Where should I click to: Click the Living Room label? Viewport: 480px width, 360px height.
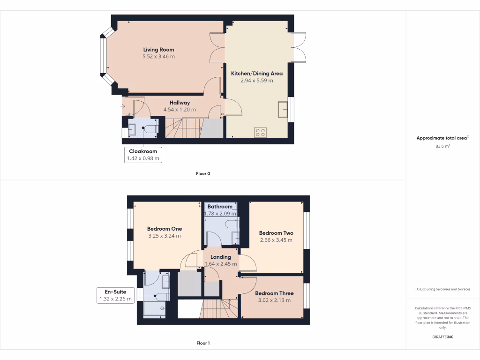tap(158, 50)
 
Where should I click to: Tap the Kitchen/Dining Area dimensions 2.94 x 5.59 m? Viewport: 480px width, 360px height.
tap(256, 81)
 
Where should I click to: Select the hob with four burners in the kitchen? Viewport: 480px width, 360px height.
tap(260, 132)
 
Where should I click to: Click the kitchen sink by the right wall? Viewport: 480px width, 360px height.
tap(283, 109)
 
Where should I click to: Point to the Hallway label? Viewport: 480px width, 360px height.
tap(180, 103)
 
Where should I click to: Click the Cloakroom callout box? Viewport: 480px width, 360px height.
tap(143, 155)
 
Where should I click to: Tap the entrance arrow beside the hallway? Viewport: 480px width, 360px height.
tap(122, 106)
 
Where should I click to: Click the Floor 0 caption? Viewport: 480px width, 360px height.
tap(203, 173)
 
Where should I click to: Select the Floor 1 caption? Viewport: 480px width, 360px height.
tap(203, 343)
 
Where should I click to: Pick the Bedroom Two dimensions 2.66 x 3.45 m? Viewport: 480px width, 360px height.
tap(276, 240)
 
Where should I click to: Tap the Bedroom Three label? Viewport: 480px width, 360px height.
tap(274, 293)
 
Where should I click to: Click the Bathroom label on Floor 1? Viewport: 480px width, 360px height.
tap(220, 207)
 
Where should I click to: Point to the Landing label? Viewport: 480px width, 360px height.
tap(220, 257)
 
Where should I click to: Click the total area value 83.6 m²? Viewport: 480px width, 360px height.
tap(442, 146)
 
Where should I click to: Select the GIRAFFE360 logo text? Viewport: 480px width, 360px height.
tap(442, 337)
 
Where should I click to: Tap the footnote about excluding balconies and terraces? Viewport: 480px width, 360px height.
tap(442, 289)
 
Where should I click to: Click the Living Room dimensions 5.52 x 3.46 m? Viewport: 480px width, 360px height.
tap(158, 57)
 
